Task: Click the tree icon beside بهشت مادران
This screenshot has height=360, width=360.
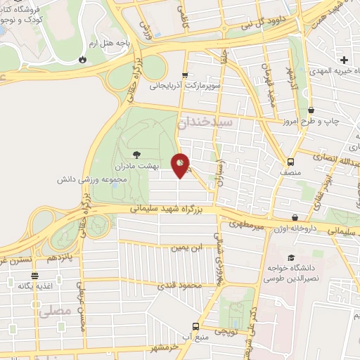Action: pos(136,154)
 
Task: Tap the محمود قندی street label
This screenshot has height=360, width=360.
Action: pos(180,285)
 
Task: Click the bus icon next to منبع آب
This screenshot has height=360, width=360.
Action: pos(196,326)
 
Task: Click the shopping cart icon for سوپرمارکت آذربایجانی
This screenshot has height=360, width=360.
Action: pos(185,75)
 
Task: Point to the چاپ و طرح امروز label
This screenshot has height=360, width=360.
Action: pos(331,122)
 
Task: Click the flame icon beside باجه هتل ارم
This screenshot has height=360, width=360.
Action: pos(84,60)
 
